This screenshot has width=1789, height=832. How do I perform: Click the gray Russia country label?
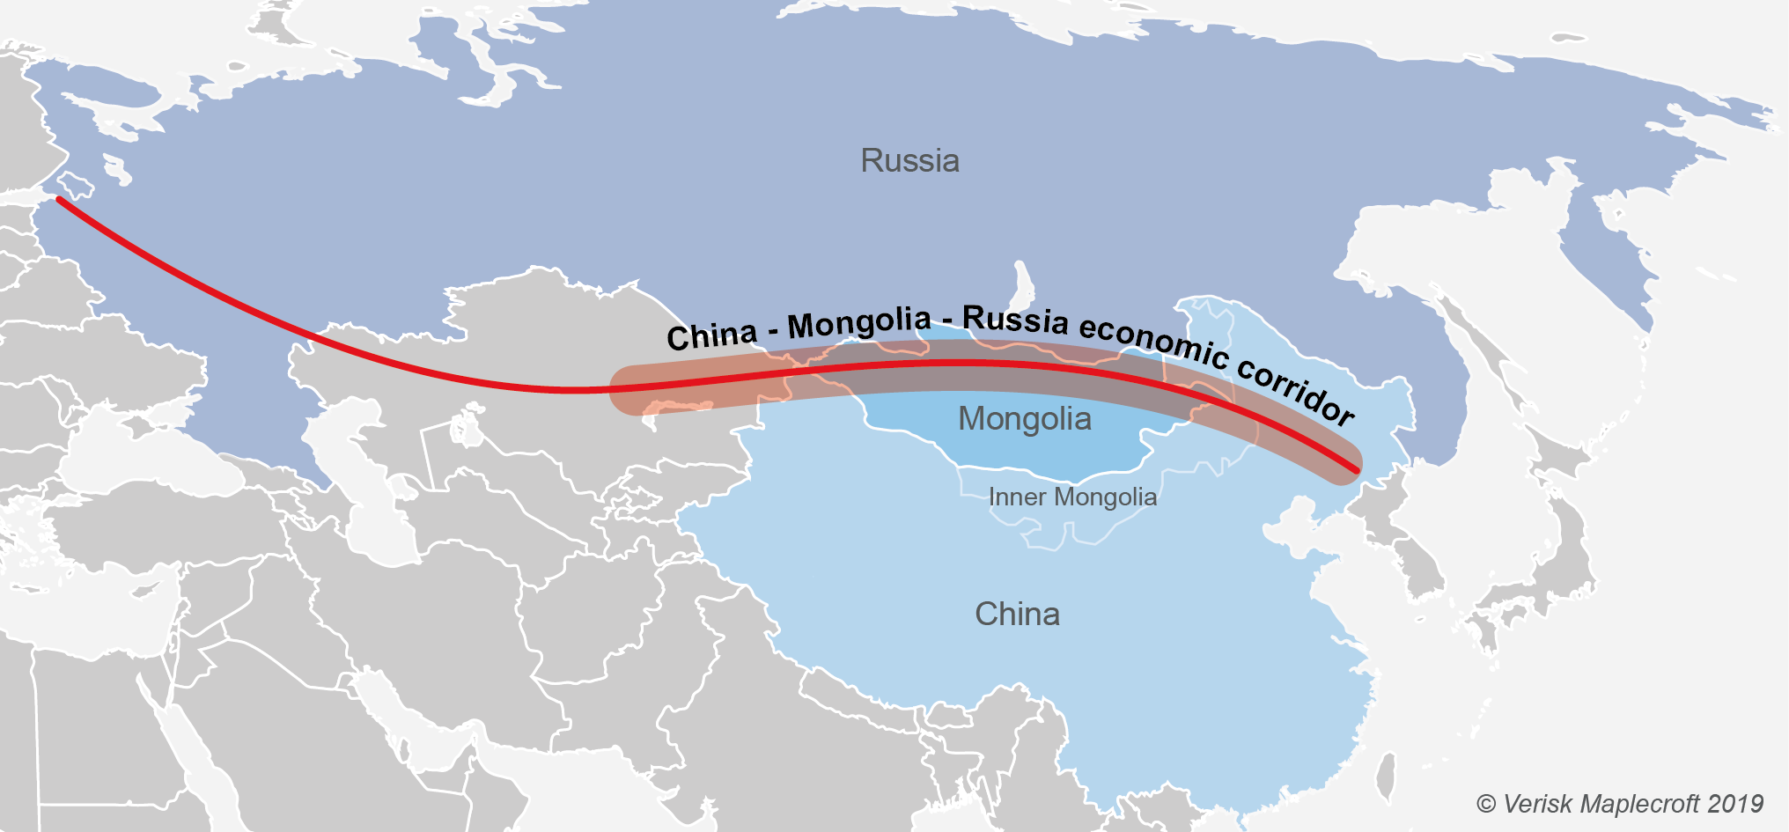(909, 161)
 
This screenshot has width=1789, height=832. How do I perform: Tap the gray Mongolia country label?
(1024, 419)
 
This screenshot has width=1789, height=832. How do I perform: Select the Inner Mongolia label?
(1072, 497)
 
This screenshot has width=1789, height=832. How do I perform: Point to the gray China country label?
(1017, 614)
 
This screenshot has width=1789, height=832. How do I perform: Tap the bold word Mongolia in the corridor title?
(859, 324)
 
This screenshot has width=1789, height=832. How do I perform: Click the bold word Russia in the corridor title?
(1015, 320)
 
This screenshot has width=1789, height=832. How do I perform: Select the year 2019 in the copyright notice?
(1735, 804)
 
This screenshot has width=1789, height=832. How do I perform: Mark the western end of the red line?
(59, 200)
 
